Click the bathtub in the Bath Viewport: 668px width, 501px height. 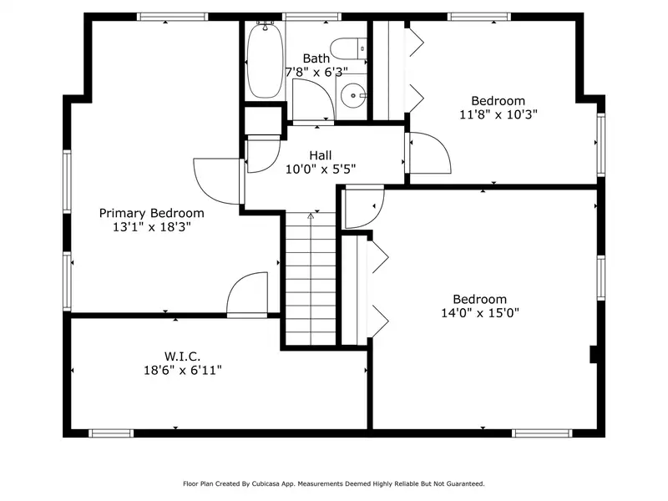(265, 60)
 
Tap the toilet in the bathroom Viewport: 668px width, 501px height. (348, 48)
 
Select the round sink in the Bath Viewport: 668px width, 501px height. (353, 95)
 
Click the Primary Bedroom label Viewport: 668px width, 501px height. (152, 213)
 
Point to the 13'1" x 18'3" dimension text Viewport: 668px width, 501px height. (152, 227)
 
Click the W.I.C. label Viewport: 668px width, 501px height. (182, 357)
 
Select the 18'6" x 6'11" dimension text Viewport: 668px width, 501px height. (183, 370)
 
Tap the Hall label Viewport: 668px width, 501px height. (321, 155)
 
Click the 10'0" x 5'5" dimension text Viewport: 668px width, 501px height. (321, 170)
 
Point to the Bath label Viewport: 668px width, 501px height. (316, 58)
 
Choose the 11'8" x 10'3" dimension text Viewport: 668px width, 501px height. (498, 114)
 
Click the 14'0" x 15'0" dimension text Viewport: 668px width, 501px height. (480, 313)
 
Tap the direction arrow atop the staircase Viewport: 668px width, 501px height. (311, 216)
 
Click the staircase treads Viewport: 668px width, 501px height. (311, 279)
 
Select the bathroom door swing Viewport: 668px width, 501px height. (314, 100)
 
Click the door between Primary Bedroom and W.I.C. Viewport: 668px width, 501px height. (247, 294)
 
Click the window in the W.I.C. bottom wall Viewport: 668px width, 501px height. (111, 433)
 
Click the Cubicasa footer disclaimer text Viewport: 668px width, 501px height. (334, 484)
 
